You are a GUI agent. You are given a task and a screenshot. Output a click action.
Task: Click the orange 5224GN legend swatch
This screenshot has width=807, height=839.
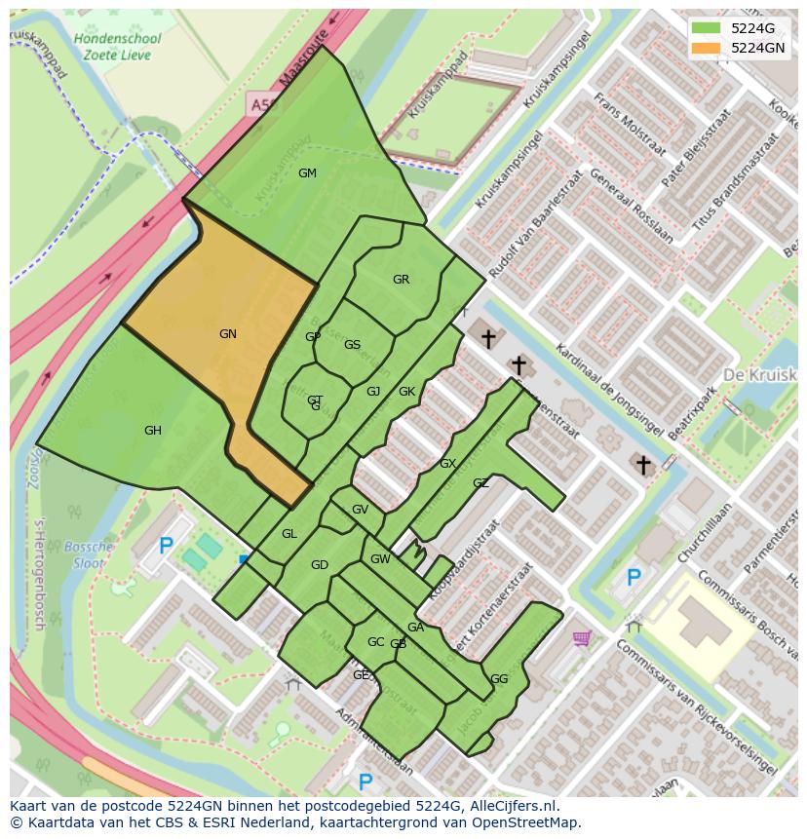point(707,48)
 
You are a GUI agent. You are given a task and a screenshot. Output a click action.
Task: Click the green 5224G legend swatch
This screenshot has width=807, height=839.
point(707,28)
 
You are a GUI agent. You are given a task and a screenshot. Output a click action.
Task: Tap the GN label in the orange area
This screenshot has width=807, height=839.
point(228,334)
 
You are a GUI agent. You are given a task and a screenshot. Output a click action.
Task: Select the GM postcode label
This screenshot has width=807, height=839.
point(307,173)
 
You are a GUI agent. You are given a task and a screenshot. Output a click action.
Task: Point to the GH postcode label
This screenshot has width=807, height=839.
point(153,431)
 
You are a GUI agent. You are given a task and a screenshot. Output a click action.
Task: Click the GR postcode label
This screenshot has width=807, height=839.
point(401,280)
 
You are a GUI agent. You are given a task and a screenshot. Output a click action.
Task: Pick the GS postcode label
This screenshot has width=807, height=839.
point(352,345)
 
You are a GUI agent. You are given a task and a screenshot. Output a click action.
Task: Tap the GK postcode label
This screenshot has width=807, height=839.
point(406,392)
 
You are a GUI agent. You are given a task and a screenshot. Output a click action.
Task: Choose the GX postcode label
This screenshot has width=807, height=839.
point(447,464)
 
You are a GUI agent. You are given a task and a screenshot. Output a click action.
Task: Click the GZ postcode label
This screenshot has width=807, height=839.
point(480,483)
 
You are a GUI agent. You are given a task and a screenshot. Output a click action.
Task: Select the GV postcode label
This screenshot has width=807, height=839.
point(360,510)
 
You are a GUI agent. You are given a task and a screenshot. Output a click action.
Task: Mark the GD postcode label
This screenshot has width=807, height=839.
point(320,565)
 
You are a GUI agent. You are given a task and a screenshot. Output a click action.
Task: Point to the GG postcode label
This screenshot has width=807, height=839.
point(499,679)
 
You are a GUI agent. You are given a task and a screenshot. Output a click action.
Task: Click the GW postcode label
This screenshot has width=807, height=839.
point(380,559)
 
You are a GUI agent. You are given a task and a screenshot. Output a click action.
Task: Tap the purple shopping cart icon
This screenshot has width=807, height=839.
point(582,638)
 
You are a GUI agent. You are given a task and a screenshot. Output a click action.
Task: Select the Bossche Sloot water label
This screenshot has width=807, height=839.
point(93,554)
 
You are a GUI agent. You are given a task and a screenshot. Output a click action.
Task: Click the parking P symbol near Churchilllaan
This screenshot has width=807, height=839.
point(634,578)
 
